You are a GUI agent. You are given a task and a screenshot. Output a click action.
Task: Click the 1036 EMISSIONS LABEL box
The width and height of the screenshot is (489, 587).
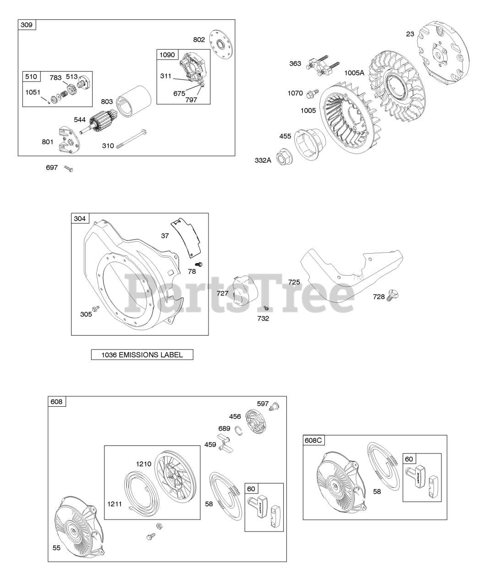coord(142,354)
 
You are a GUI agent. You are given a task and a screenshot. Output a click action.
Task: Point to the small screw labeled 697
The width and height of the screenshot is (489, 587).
coord(69,169)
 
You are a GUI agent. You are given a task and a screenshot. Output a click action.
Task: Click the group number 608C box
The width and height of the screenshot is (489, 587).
coord(313,441)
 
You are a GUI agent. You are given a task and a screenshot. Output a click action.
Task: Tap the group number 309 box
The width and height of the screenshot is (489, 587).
coord(27,25)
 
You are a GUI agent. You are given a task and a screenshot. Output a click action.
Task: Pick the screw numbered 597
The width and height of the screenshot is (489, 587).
coord(275,405)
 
